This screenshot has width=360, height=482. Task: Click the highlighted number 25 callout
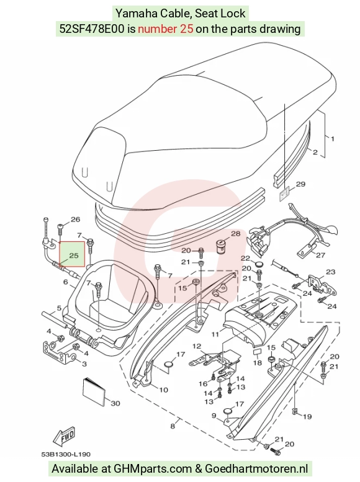pos(73,256)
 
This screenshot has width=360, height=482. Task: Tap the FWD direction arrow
pos(64,437)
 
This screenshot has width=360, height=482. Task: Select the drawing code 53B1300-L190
pos(66,454)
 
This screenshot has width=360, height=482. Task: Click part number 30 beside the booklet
pos(115,403)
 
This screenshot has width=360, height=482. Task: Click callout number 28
pos(235,234)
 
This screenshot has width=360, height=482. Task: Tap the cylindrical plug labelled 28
pos(221,246)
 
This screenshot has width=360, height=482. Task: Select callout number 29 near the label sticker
pos(300,184)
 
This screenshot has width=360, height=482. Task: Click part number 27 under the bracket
pos(320,255)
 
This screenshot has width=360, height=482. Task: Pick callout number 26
pos(75,220)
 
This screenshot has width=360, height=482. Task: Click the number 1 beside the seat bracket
pos(332,139)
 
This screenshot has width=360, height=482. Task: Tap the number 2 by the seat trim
pos(315,152)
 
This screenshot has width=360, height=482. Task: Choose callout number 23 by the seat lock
pos(330,272)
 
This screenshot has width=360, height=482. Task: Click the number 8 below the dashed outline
pos(173,426)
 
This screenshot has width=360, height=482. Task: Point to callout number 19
pos(307,416)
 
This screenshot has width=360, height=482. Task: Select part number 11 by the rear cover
pos(215,334)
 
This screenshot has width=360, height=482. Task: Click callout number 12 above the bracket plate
pos(197,346)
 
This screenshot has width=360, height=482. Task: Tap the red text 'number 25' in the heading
pos(166,29)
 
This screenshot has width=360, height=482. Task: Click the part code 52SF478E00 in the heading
pos(92,29)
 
